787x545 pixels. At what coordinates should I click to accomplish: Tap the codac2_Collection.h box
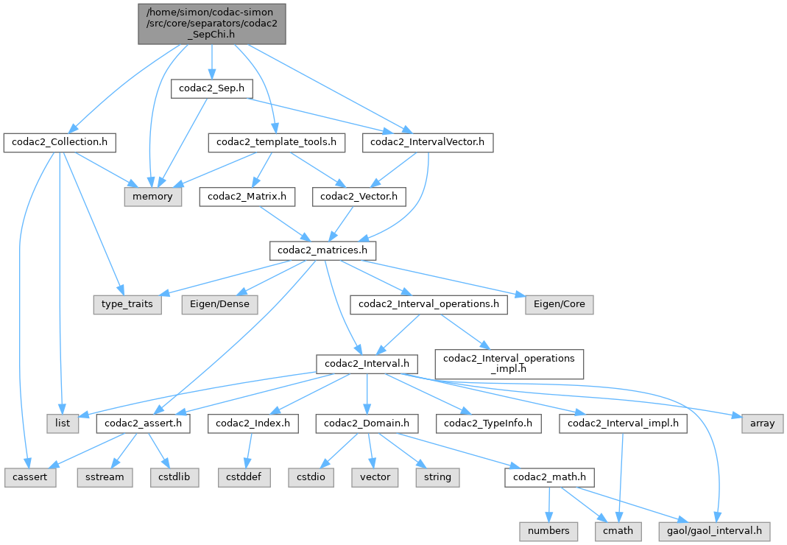click(60, 142)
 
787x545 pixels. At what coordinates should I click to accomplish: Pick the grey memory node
click(152, 197)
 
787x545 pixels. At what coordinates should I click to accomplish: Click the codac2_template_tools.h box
click(276, 142)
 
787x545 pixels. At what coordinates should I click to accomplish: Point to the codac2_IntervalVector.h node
click(427, 142)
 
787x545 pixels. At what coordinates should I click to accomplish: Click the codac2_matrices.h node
click(323, 251)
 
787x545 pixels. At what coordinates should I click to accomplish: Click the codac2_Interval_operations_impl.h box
click(510, 364)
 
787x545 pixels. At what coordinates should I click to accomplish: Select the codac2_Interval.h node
click(367, 364)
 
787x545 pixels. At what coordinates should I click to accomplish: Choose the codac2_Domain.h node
click(367, 423)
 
